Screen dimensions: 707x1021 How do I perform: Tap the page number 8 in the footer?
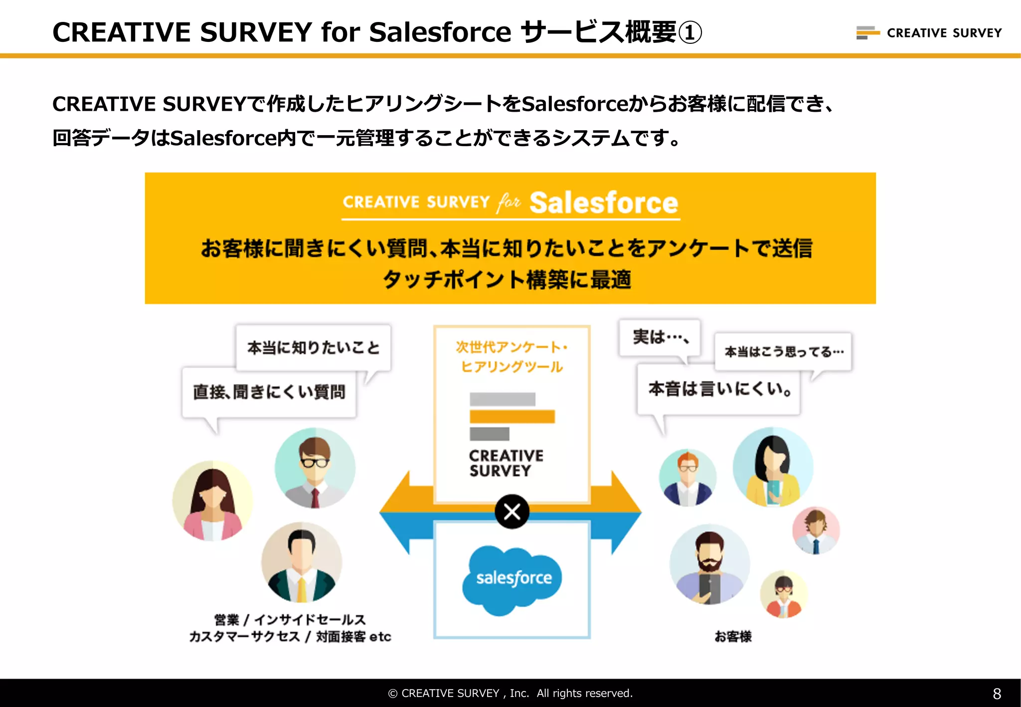pyautogui.click(x=997, y=694)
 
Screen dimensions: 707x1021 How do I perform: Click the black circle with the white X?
pyautogui.click(x=512, y=512)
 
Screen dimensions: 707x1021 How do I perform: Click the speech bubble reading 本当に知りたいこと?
pyautogui.click(x=313, y=348)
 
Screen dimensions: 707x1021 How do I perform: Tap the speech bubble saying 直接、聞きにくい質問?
pyautogui.click(x=269, y=392)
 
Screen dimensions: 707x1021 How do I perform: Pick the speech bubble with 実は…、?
pyautogui.click(x=660, y=338)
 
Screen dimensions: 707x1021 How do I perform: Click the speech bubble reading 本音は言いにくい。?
pyautogui.click(x=718, y=389)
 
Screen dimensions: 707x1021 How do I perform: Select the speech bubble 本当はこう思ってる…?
pyautogui.click(x=783, y=352)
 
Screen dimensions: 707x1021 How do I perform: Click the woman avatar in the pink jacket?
pyautogui.click(x=213, y=501)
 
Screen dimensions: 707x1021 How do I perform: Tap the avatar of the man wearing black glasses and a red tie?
pyautogui.click(x=315, y=468)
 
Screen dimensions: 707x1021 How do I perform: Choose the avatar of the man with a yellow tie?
pyautogui.click(x=302, y=562)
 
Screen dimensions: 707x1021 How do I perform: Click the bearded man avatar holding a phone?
pyautogui.click(x=709, y=564)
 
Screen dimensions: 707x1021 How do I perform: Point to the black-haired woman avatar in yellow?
pyautogui.click(x=773, y=467)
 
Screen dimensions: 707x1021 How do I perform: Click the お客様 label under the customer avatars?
pyautogui.click(x=733, y=637)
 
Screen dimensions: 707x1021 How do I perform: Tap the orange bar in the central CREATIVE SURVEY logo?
pyautogui.click(x=512, y=416)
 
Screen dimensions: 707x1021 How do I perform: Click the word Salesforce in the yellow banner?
pyautogui.click(x=604, y=203)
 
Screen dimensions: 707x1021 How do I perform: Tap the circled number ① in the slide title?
pyautogui.click(x=690, y=33)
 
